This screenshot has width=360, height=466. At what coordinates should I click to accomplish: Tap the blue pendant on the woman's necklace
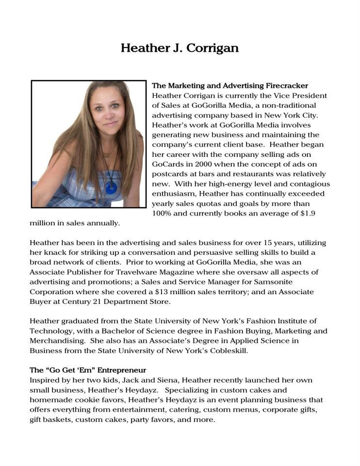tap(111, 187)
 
